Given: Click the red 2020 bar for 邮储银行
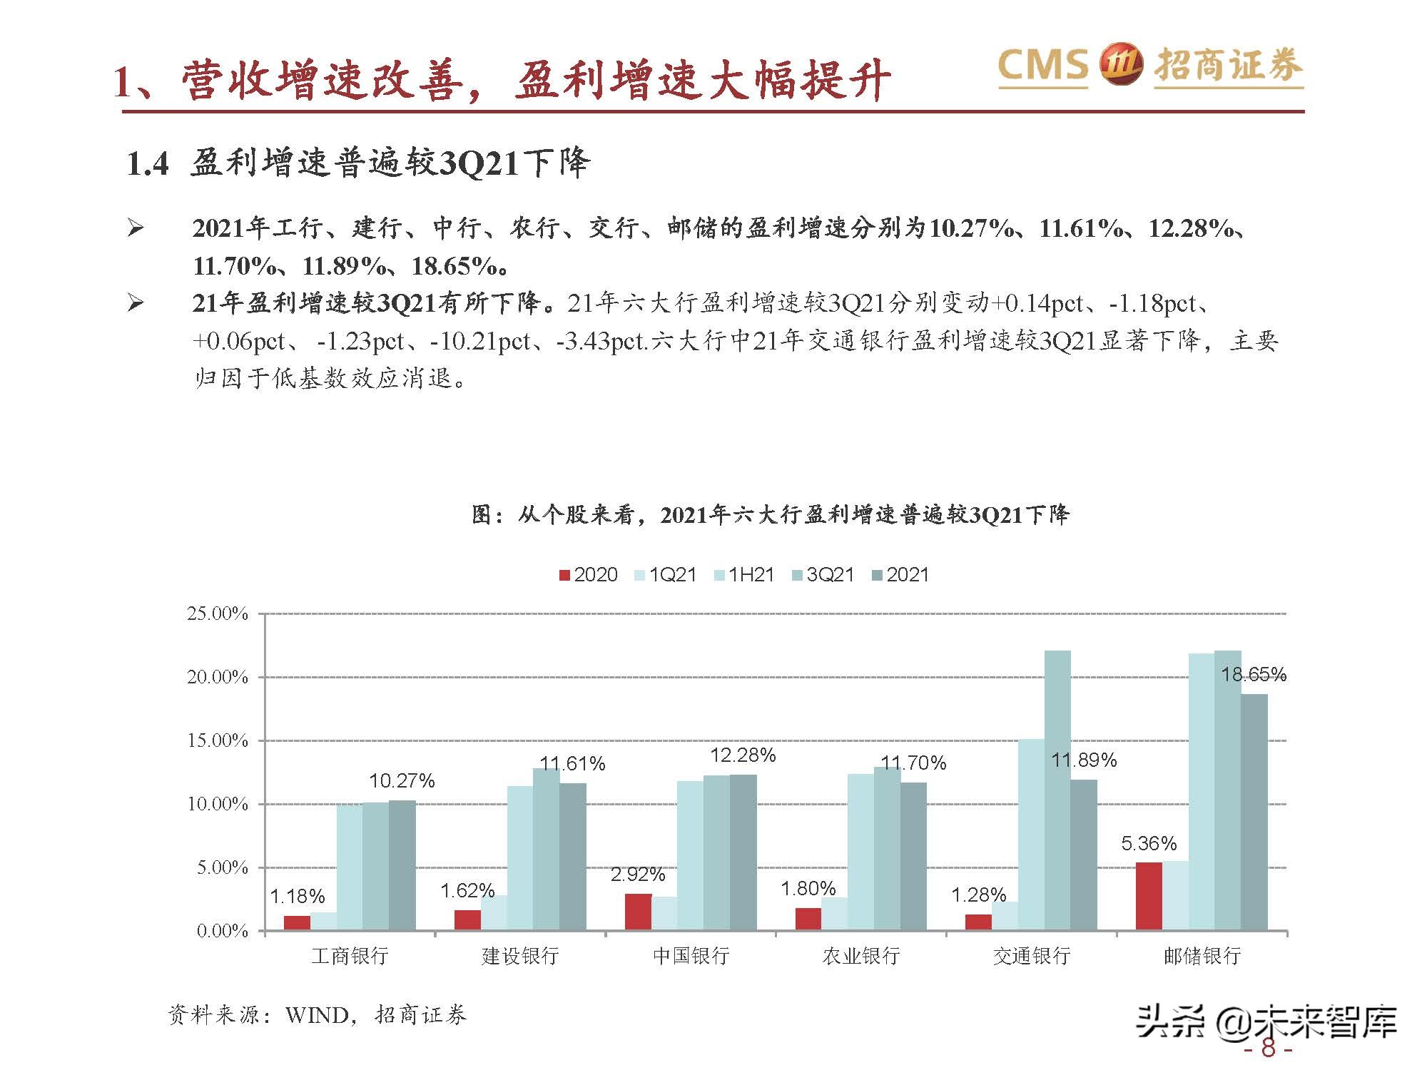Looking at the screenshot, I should (x=1149, y=897).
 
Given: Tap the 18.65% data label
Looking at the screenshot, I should (x=1253, y=675).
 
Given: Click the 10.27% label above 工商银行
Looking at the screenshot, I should (x=402, y=781).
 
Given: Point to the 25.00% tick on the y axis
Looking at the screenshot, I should (x=218, y=614).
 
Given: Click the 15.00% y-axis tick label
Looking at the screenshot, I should (x=218, y=741).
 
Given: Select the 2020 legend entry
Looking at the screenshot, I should (x=589, y=575).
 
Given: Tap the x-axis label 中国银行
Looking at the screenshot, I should (x=691, y=956).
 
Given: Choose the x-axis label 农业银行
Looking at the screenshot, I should (x=861, y=956).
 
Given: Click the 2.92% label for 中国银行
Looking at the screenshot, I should (x=638, y=875).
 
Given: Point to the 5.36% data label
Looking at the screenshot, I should (x=1149, y=844).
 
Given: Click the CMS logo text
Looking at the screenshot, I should (x=1042, y=66).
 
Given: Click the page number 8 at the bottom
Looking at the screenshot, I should (x=1268, y=1049).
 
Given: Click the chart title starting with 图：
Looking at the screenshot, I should (x=771, y=514).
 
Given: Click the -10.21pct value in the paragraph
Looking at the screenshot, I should (x=480, y=342).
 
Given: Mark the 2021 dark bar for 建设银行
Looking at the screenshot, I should (x=573, y=857).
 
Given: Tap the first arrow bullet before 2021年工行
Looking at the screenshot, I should (x=136, y=229).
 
